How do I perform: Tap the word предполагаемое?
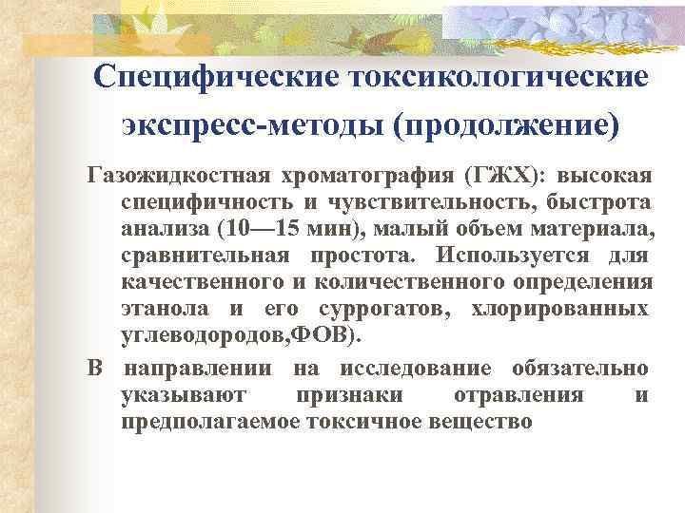point(212,421)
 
